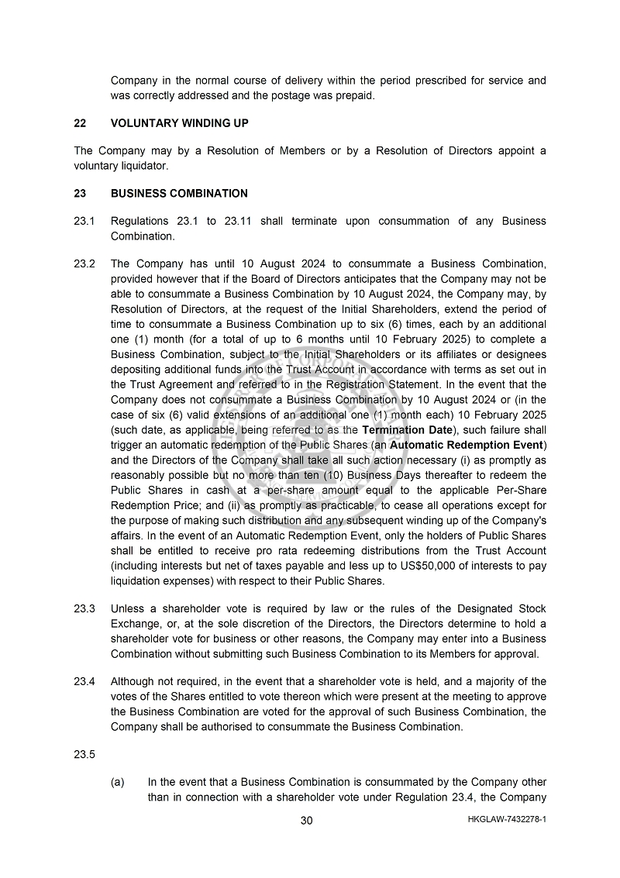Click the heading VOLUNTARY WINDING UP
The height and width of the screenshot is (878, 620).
(179, 123)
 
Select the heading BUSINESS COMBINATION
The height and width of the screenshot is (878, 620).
(179, 194)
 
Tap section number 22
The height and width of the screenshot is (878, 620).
(80, 123)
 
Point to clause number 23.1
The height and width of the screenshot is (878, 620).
(84, 222)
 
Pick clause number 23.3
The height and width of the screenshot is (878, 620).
(84, 609)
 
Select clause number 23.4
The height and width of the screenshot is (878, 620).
(84, 682)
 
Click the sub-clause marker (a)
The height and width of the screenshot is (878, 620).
(118, 783)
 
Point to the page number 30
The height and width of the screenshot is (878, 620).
(307, 821)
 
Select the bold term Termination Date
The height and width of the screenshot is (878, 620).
(407, 430)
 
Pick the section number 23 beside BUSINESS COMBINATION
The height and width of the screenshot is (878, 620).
(80, 194)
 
